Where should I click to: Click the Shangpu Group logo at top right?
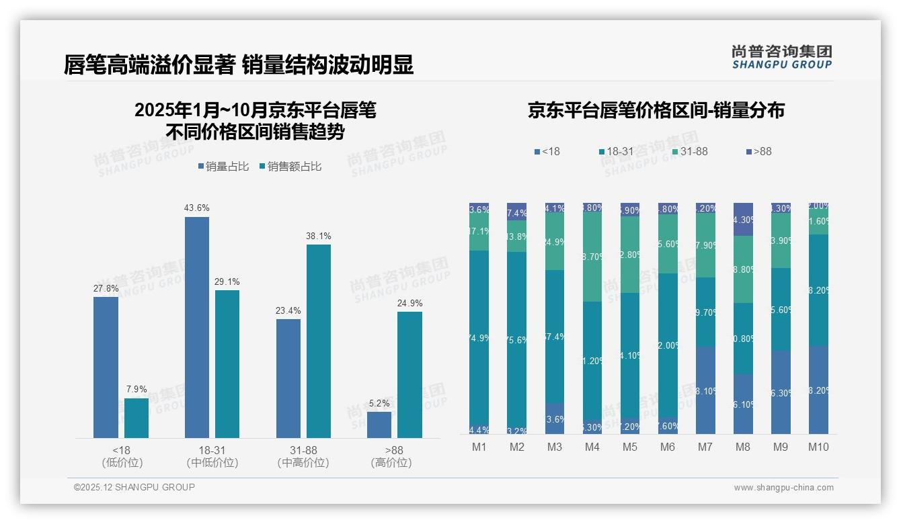point(781,56)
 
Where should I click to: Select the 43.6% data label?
point(196,208)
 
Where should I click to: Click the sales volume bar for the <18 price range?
point(106,367)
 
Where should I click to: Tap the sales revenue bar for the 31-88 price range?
point(319,341)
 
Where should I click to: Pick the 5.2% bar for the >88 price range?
point(379,425)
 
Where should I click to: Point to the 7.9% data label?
point(136,390)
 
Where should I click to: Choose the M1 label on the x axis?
point(479,447)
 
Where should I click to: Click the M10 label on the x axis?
point(818,447)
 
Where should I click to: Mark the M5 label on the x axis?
point(629,447)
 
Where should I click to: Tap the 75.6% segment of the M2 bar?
point(516,339)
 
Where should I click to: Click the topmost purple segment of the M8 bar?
point(743,219)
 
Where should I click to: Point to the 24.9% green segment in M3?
point(555,243)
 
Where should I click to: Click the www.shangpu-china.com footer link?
point(783,488)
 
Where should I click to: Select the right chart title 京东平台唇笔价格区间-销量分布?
point(656,111)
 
